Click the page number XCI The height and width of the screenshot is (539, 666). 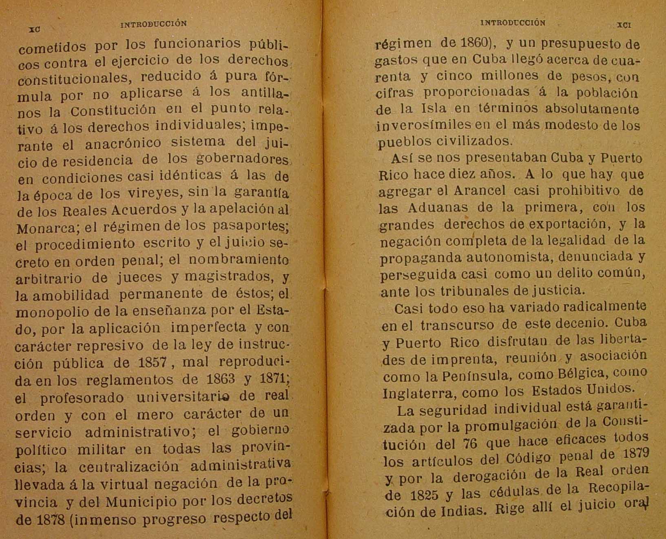pyautogui.click(x=624, y=25)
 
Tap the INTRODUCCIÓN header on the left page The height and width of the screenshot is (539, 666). pyautogui.click(x=154, y=24)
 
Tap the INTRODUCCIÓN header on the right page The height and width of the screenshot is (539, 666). pyautogui.click(x=513, y=23)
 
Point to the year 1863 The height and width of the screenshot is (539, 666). pyautogui.click(x=221, y=379)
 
